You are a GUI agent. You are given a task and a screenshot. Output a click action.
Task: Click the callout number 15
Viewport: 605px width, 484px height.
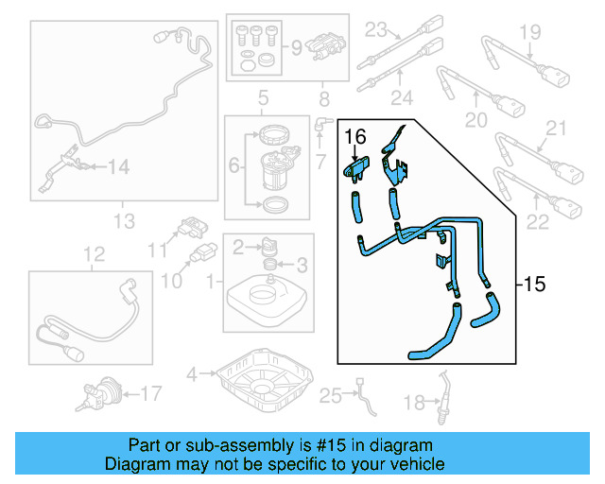pos(534,283)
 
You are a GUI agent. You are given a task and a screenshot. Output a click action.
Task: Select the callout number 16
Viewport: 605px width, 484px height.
pos(354,138)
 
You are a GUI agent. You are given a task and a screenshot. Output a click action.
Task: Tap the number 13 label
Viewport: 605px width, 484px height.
pos(125,222)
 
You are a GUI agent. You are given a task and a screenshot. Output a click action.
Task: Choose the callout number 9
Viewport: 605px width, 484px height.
pos(295,45)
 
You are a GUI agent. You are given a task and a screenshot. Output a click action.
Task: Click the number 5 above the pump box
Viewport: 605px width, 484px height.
pos(263,96)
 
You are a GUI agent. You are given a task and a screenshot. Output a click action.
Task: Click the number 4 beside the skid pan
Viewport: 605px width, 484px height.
pos(192,374)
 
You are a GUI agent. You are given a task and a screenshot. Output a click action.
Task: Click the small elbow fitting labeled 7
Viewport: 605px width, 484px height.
pos(322,122)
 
